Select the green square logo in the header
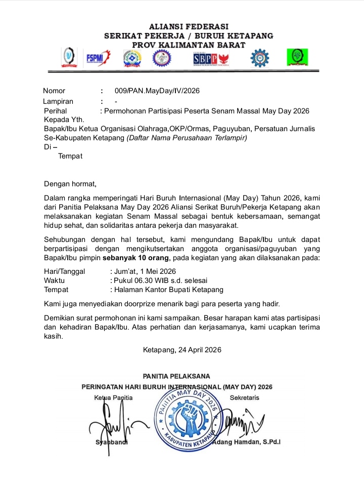(297, 57)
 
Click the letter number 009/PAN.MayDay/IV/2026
(157, 91)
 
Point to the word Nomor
(54, 91)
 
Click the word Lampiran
(58, 101)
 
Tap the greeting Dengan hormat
(70, 183)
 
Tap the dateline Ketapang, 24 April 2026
(182, 350)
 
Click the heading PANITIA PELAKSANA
(176, 377)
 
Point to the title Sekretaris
(244, 398)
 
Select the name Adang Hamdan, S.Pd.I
(248, 442)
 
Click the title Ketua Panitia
(113, 398)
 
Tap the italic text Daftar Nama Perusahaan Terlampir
(187, 138)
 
